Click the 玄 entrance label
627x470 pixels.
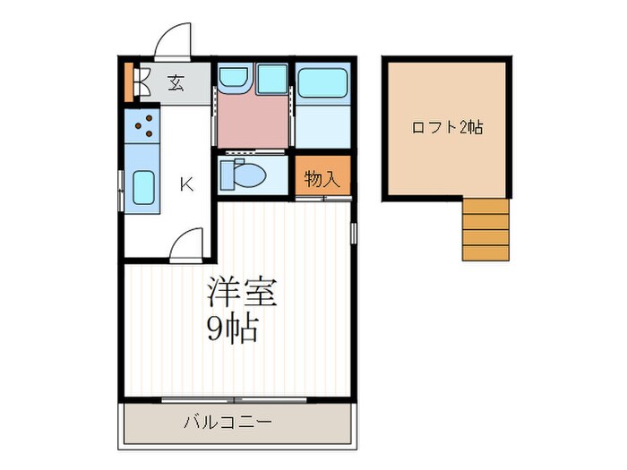(x=176, y=84)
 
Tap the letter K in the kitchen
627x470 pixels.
(x=186, y=184)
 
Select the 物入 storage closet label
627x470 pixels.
(x=322, y=178)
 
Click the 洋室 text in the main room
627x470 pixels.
(x=242, y=293)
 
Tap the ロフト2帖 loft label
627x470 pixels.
(x=447, y=127)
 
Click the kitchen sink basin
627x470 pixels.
(x=143, y=188)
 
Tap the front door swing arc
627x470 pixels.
(x=173, y=42)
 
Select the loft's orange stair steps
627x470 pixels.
(x=485, y=229)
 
